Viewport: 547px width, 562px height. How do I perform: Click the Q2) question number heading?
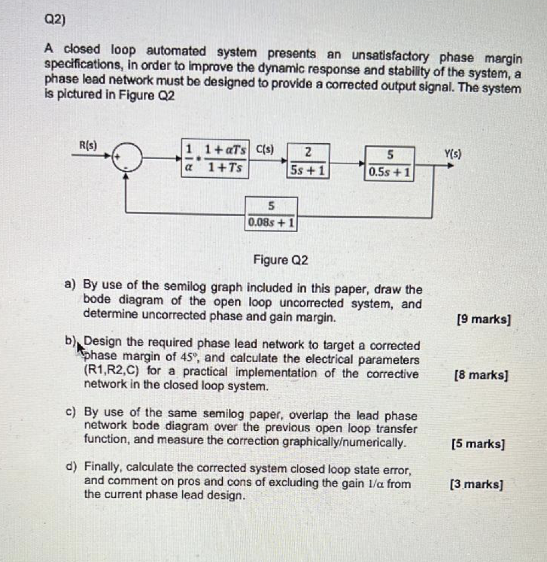tap(54, 20)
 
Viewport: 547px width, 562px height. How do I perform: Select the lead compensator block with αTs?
tap(216, 160)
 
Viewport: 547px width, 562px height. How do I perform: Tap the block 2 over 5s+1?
tap(308, 161)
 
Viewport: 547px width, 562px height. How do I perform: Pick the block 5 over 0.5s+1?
tap(390, 163)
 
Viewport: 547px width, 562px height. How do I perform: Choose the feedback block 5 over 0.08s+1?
tap(271, 214)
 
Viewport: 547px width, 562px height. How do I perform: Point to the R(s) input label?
tap(88, 146)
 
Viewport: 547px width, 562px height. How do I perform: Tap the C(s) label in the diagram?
tap(264, 149)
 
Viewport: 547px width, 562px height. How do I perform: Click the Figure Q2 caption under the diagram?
tap(280, 260)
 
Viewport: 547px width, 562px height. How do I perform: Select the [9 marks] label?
tap(483, 319)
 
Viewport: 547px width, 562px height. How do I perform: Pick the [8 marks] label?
tap(481, 376)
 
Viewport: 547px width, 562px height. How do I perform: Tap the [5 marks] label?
tap(478, 444)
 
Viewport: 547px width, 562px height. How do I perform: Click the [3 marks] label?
tap(476, 485)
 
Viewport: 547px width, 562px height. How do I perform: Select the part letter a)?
tap(70, 285)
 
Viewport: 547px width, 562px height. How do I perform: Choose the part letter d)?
tap(70, 468)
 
